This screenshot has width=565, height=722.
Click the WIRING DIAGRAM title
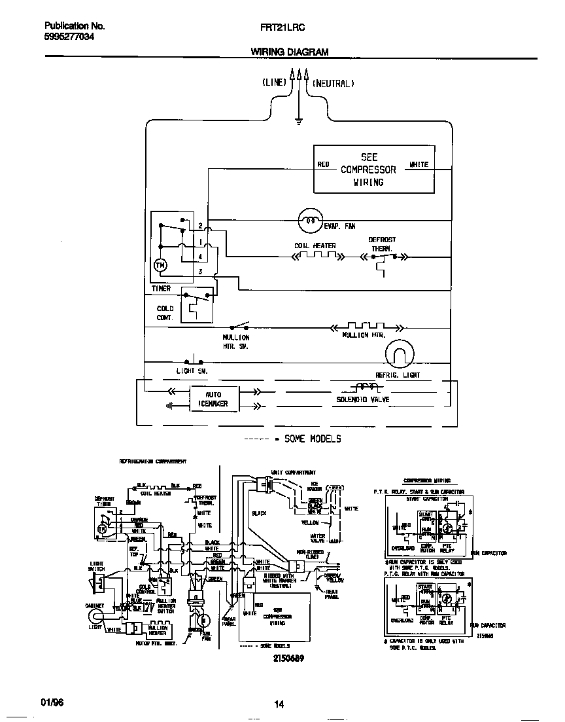(x=289, y=52)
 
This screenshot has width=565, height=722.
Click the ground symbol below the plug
(x=298, y=120)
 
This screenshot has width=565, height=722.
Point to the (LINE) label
(x=274, y=83)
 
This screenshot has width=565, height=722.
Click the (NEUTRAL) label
(x=333, y=83)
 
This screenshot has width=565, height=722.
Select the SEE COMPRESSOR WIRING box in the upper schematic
(x=374, y=170)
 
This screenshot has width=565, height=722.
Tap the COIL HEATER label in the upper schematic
(x=315, y=246)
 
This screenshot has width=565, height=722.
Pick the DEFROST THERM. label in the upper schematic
(x=382, y=244)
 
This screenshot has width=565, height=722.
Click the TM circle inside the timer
(x=160, y=265)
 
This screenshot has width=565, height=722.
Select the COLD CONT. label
(x=165, y=313)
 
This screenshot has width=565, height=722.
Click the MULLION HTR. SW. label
(x=235, y=341)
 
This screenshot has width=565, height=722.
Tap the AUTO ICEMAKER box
(x=213, y=399)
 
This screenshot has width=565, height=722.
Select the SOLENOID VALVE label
(x=362, y=399)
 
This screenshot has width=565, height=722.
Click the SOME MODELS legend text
(x=312, y=438)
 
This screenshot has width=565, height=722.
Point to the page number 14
(x=279, y=704)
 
